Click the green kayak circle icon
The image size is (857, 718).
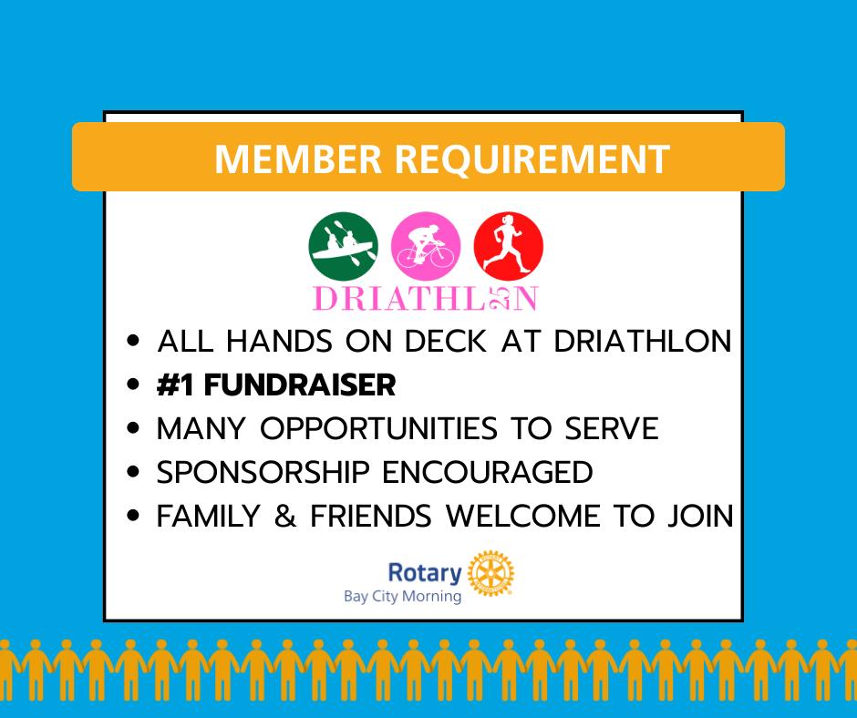pos(343,246)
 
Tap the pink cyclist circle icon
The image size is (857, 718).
pos(426,246)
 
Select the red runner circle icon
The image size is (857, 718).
pos(509,246)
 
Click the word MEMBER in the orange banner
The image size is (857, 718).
pos(298,159)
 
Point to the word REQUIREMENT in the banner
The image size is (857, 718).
pos(532,159)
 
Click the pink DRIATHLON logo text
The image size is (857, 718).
pos(426,299)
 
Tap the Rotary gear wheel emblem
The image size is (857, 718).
pos(490,573)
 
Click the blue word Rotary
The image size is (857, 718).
pos(425,572)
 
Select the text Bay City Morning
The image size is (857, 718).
pos(402,596)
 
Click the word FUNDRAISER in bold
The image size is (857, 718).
pos(300,385)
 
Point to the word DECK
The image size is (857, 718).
pos(446,341)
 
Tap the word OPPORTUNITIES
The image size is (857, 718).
pos(378,428)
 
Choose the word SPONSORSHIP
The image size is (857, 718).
pos(263,472)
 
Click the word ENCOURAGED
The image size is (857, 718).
pos(488,472)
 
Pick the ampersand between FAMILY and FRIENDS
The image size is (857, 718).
pos(285,516)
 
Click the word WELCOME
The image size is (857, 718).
pos(523,516)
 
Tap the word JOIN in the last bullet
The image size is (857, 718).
pos(701,516)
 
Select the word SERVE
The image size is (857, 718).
pos(612,428)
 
